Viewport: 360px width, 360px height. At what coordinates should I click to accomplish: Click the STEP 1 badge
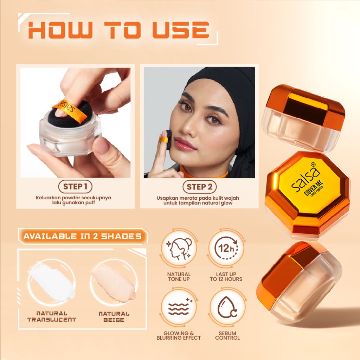point(75,186)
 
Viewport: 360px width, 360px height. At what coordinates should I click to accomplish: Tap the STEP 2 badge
point(199,186)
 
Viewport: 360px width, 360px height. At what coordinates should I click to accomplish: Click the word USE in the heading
point(181,31)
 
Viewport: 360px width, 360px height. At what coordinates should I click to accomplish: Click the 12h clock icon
point(226,249)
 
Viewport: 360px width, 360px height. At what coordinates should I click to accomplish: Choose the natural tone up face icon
point(179,249)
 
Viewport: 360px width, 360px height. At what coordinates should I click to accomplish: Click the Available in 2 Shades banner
point(83,236)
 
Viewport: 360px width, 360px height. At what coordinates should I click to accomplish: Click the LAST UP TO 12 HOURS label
point(226,277)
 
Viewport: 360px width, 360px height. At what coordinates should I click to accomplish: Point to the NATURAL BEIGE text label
point(114,316)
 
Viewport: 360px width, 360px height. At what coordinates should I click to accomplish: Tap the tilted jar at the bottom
point(299,281)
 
